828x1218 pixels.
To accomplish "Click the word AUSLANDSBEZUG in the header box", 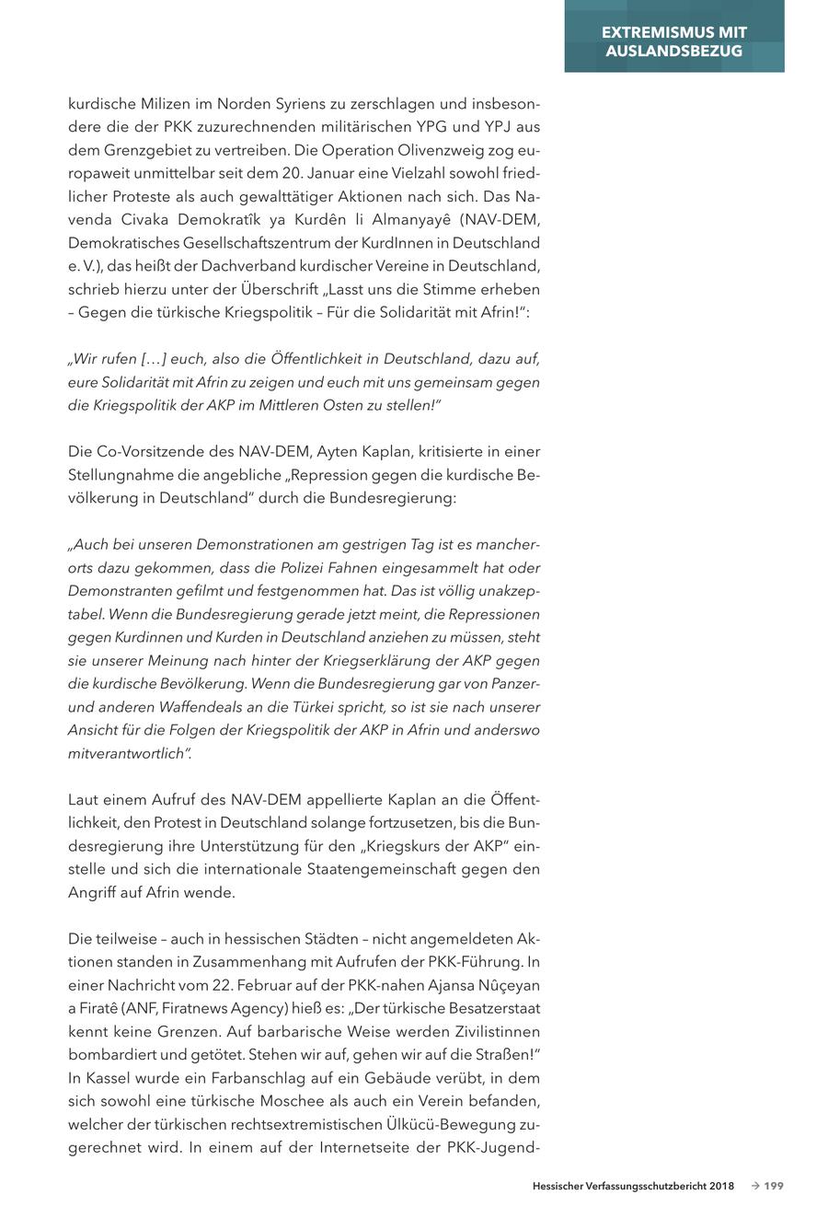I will pos(673,51).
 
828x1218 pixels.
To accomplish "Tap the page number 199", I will pos(774,1187).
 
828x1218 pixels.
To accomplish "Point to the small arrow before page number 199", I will pos(754,1187).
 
